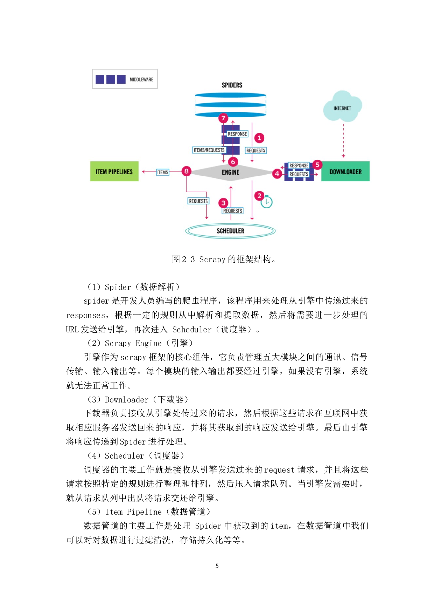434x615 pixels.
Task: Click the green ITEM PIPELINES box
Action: [x=114, y=171]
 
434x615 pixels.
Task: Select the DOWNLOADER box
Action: [x=345, y=171]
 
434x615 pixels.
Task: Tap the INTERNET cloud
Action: [x=342, y=107]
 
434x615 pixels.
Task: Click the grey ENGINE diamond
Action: [x=230, y=172]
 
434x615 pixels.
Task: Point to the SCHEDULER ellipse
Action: [x=230, y=231]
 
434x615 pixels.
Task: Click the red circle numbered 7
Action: [x=223, y=118]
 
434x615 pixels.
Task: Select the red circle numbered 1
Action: [x=259, y=138]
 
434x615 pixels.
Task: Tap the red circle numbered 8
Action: [x=187, y=171]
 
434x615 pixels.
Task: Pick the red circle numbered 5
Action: [x=317, y=164]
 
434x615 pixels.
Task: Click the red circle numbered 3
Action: [x=223, y=203]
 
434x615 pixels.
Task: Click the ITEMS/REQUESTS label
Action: [x=209, y=150]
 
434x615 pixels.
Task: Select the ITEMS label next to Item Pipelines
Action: [x=163, y=172]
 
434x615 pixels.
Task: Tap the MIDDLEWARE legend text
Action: [x=141, y=80]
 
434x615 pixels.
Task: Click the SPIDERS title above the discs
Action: [x=232, y=85]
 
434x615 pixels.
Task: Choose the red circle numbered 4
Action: [x=277, y=173]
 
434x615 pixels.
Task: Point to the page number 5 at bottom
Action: [x=217, y=566]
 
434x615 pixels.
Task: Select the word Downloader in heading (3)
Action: [x=127, y=400]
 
